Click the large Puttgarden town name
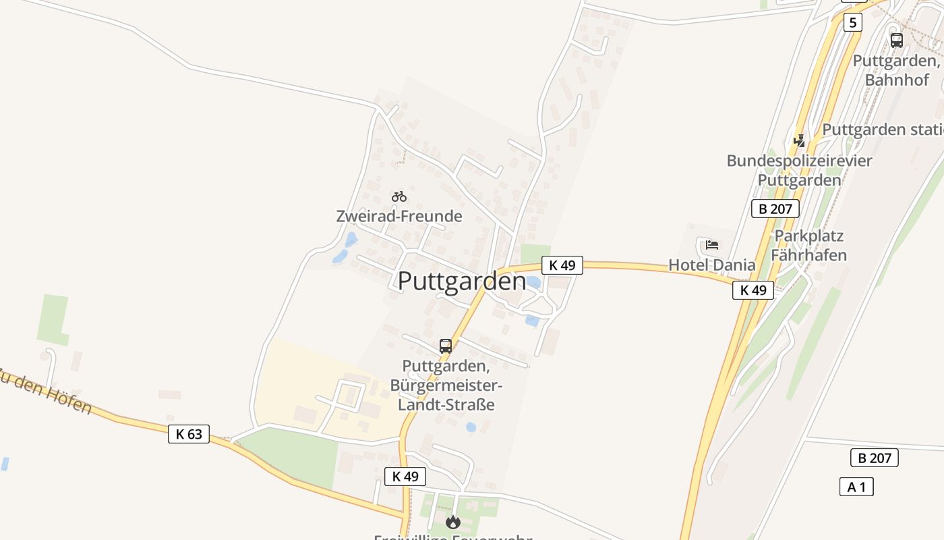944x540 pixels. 461,281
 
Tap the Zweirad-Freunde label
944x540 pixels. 399,216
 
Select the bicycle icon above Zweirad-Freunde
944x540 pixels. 399,196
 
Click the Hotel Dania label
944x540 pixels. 712,265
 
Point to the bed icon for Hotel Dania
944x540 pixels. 712,244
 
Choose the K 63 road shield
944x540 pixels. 189,434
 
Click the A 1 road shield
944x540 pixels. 856,487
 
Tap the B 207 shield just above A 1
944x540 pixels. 875,458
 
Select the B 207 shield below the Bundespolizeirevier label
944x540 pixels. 775,209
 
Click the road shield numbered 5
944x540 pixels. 852,22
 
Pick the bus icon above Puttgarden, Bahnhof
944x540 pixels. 896,40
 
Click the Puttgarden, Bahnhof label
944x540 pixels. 897,70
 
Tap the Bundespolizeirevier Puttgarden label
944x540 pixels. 799,170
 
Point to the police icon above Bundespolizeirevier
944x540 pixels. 800,141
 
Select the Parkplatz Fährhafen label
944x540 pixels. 808,245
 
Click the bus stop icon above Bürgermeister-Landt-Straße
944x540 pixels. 446,346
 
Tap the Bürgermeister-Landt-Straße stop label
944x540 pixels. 446,385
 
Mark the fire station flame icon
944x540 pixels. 452,522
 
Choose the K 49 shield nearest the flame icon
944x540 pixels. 405,476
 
